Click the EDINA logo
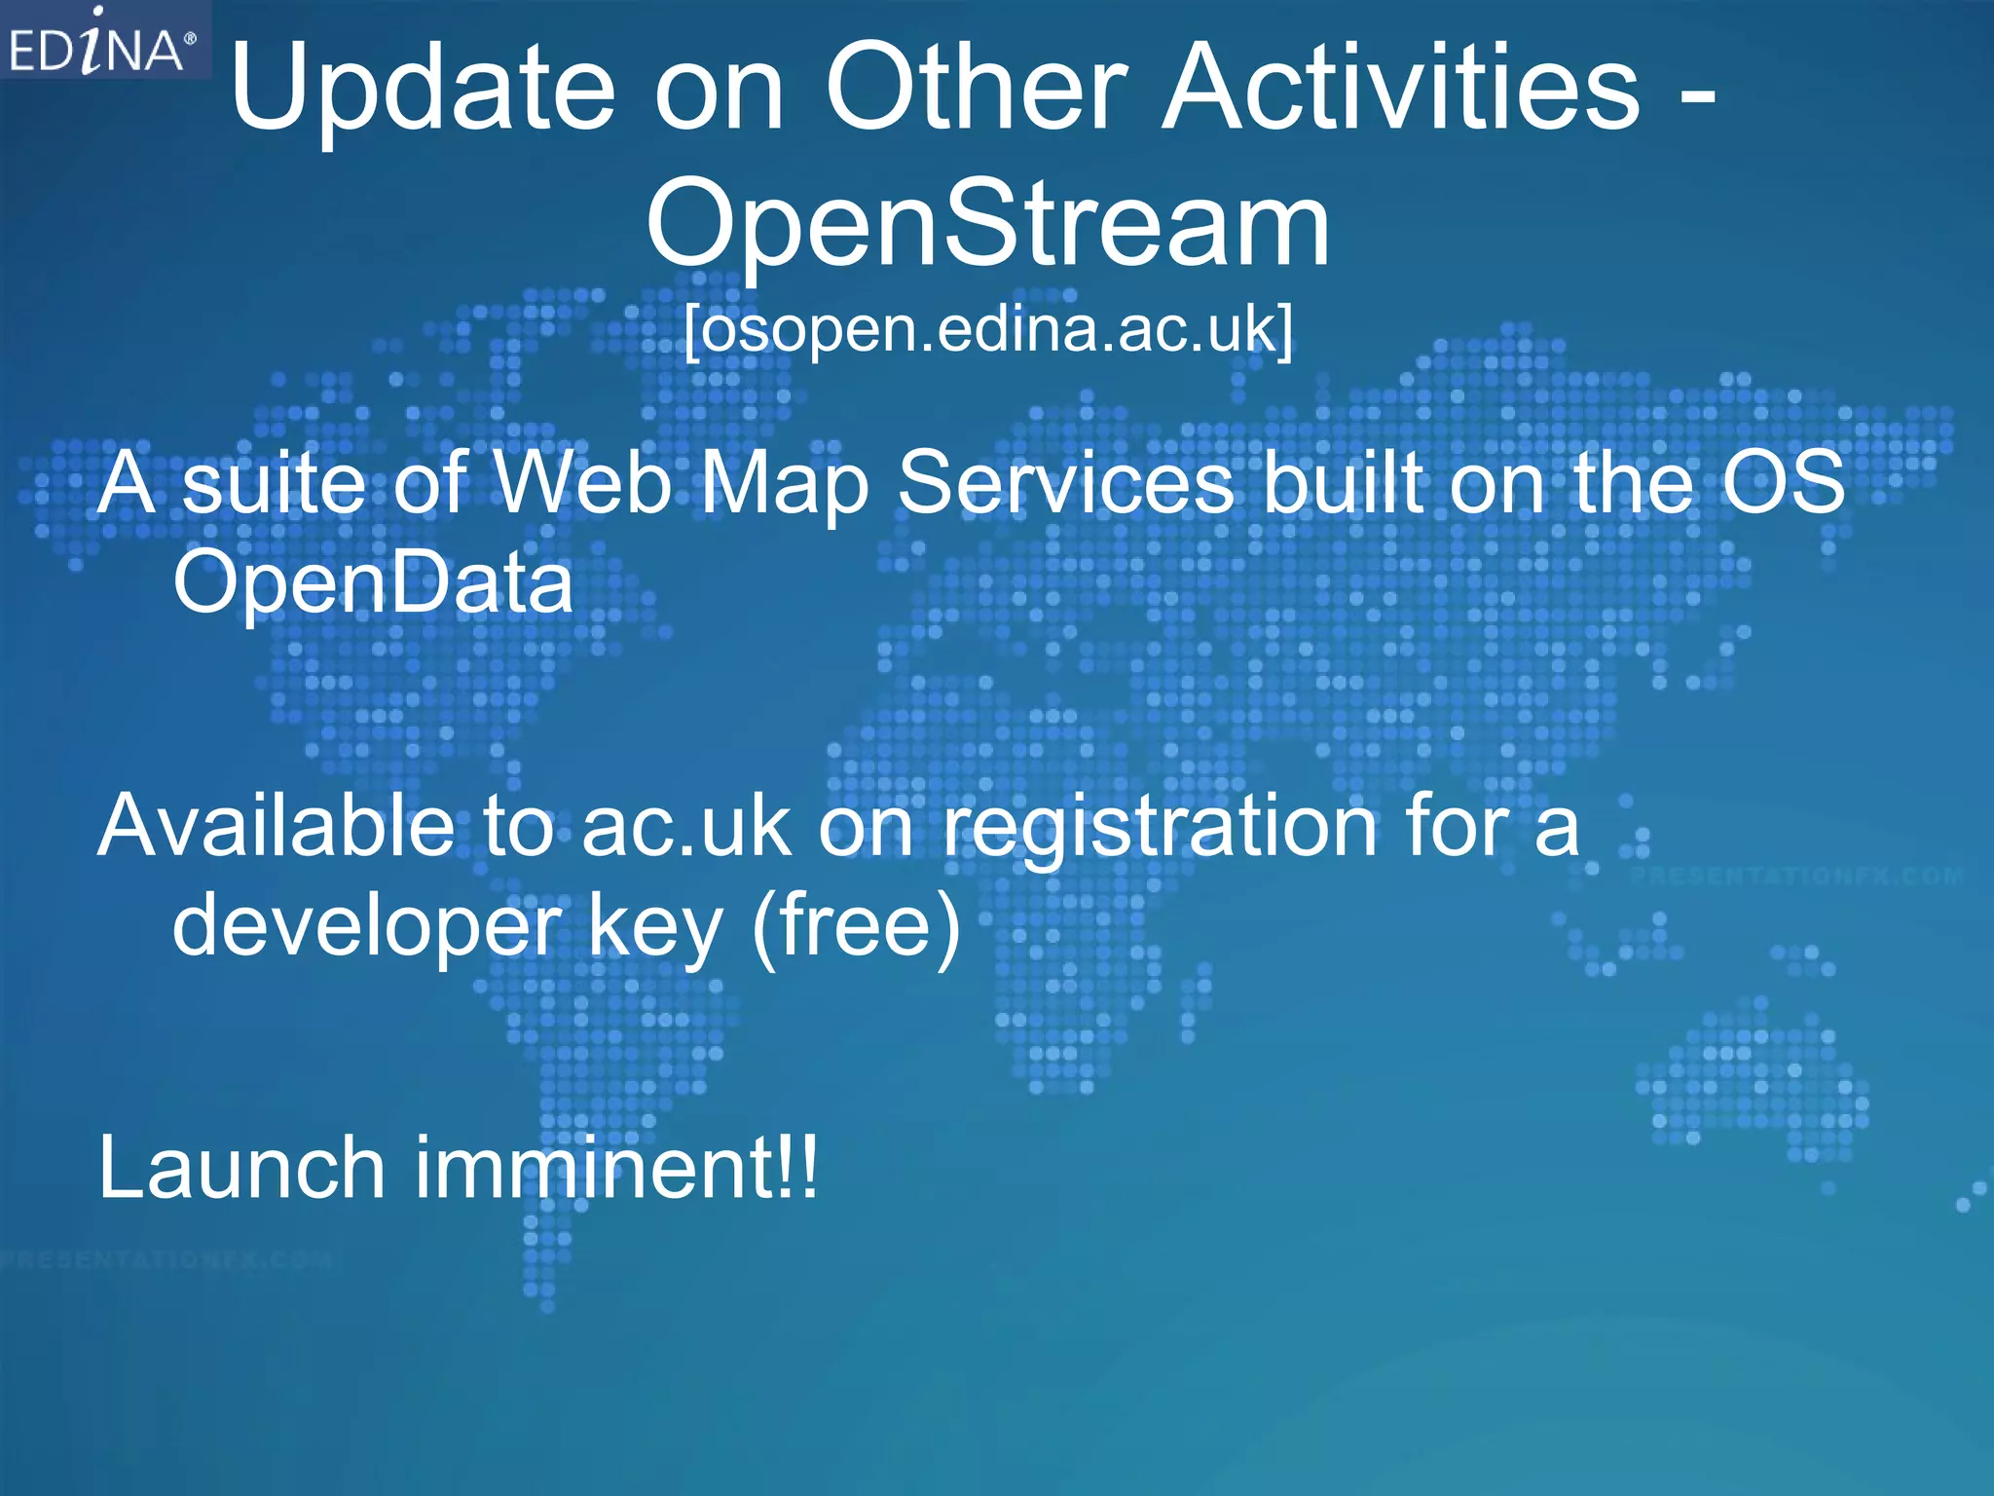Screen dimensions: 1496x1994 pyautogui.click(x=102, y=41)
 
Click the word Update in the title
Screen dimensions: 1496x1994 pyautogui.click(x=423, y=90)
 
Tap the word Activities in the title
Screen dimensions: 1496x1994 pyautogui.click(x=1401, y=90)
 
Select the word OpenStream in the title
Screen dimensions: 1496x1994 pyautogui.click(x=987, y=226)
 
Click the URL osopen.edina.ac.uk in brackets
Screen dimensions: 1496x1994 pyautogui.click(x=988, y=329)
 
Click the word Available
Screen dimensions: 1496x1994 pyautogui.click(x=277, y=826)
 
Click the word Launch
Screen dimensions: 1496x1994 pyautogui.click(x=242, y=1169)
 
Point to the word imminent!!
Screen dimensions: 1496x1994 pyautogui.click(x=617, y=1169)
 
